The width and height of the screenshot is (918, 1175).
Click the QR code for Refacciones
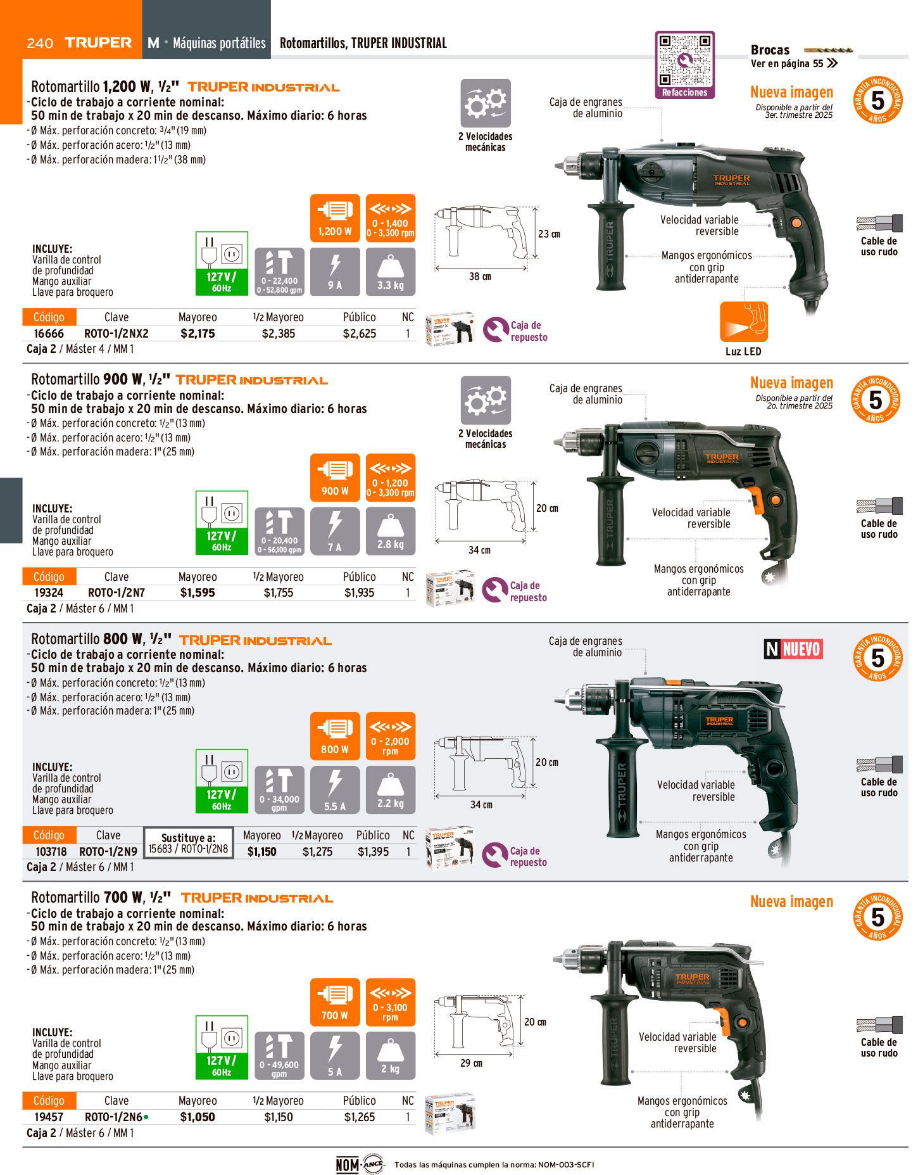point(684,60)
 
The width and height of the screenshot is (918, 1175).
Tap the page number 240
point(40,43)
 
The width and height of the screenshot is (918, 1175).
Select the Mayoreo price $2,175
point(198,333)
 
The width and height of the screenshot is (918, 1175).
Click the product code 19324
point(49,593)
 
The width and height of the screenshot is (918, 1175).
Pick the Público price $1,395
point(373,851)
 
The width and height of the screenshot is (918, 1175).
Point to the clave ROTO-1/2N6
point(113,1117)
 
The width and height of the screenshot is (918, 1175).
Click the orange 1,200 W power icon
point(335,218)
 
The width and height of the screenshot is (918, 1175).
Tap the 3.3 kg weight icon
point(391,272)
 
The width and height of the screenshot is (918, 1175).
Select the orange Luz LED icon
point(743,322)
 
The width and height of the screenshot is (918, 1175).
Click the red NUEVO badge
point(793,649)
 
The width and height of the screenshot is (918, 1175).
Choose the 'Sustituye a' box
point(189,843)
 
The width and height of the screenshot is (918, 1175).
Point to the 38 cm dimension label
point(480,277)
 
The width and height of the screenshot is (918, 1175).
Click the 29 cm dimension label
point(471,1064)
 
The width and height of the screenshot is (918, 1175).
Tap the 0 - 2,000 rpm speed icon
point(391,736)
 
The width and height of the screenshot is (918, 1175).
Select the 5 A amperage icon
point(335,1056)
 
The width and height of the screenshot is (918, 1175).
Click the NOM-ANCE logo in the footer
point(360,1164)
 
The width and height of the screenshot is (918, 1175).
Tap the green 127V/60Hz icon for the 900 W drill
point(222,523)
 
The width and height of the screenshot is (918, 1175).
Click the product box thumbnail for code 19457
point(450,1114)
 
